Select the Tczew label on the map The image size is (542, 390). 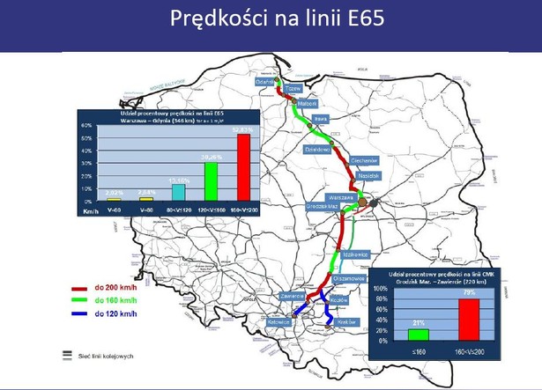tap(293, 89)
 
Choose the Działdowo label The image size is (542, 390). tap(316, 151)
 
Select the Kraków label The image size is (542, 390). tap(345, 321)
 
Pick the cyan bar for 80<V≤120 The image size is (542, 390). tap(177, 192)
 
